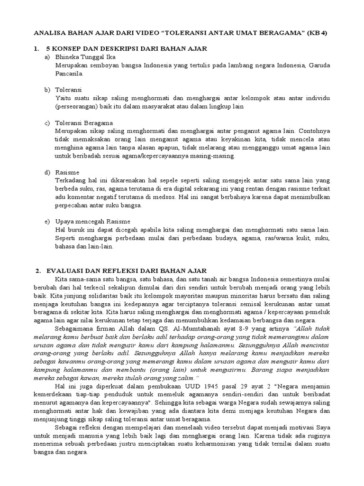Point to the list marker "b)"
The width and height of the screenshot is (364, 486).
click(x=47, y=90)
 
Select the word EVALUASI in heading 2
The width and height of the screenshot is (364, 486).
click(x=68, y=271)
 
